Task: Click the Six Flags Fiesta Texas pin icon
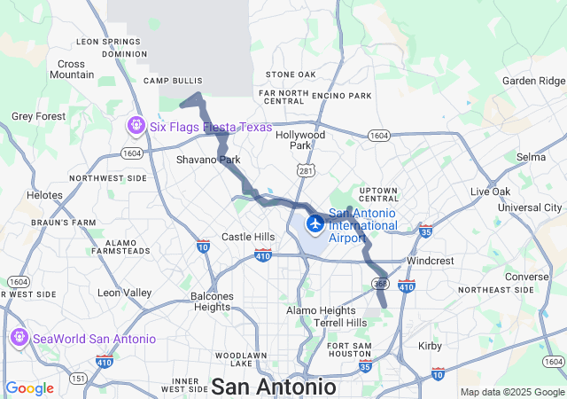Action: coord(136,126)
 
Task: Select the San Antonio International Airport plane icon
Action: coord(315,221)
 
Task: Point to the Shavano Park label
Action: coord(208,160)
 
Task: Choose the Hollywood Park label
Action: coord(300,140)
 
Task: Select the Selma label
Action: coord(531,157)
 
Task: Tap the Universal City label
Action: coord(529,207)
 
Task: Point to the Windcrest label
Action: coord(430,262)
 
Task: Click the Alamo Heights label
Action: coord(320,310)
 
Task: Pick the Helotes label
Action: coord(44,195)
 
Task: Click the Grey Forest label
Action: coord(38,116)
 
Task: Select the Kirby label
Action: coord(430,346)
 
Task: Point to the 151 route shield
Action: coord(78,379)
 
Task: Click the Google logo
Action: coord(29,388)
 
